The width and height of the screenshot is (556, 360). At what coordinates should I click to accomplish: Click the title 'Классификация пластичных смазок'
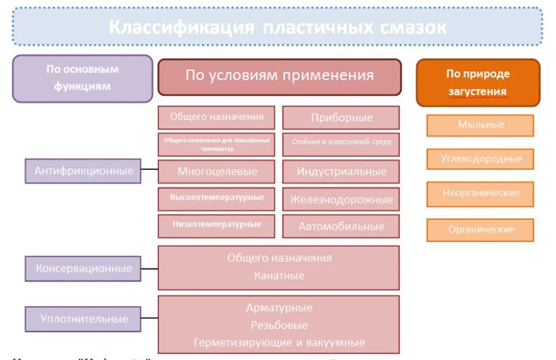277,28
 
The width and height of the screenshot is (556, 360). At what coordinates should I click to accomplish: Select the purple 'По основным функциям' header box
82,78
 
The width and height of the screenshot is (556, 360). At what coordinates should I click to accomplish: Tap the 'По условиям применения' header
279,76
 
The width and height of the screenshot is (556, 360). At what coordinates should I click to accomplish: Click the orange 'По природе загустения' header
478,82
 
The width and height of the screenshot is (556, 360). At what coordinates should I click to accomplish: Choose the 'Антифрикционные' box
84,171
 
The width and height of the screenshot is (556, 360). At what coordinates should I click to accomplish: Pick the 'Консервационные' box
84,268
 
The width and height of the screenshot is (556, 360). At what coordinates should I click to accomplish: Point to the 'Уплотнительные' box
84,319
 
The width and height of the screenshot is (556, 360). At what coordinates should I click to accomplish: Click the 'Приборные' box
341,117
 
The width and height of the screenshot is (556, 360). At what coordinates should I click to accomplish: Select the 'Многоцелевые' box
217,171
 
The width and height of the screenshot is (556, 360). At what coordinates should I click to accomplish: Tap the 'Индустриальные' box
341,171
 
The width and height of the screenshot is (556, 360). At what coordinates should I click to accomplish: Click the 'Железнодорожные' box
341,200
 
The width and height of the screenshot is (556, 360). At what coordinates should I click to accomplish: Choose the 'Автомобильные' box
341,227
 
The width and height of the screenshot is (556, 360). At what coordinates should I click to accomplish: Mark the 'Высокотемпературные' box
217,198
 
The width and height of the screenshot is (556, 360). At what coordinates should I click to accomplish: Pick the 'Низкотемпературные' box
217,224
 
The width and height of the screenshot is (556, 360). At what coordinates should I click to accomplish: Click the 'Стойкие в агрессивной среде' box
341,143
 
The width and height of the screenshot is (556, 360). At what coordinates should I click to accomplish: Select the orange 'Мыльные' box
481,125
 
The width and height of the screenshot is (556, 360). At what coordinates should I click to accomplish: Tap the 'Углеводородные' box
481,159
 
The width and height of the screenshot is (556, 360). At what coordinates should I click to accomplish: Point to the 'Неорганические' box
481,193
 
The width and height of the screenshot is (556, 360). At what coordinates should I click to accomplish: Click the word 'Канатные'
279,276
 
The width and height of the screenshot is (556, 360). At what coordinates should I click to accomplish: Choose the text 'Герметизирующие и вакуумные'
279,342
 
